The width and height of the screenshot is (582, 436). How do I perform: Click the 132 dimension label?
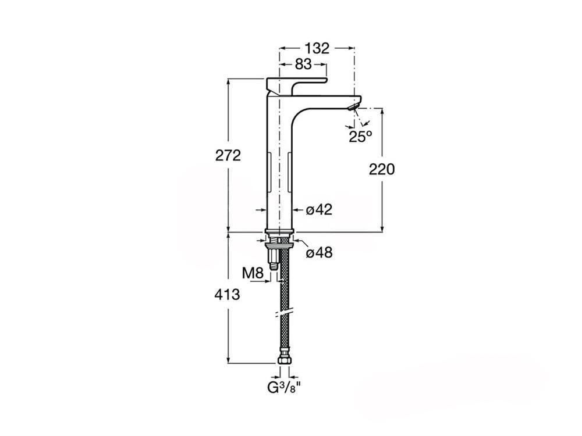317,48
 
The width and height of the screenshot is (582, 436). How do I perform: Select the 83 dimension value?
303,64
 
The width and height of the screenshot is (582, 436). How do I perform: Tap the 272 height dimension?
228,155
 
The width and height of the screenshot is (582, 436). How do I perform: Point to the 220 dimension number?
382,169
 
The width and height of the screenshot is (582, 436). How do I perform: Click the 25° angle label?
360,137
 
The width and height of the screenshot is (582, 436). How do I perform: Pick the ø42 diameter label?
319,210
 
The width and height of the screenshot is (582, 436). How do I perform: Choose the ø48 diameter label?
319,253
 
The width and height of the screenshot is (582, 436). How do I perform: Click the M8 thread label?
253,274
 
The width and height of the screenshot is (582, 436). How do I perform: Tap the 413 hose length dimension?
227,295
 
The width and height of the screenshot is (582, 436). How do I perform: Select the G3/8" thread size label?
284,388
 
